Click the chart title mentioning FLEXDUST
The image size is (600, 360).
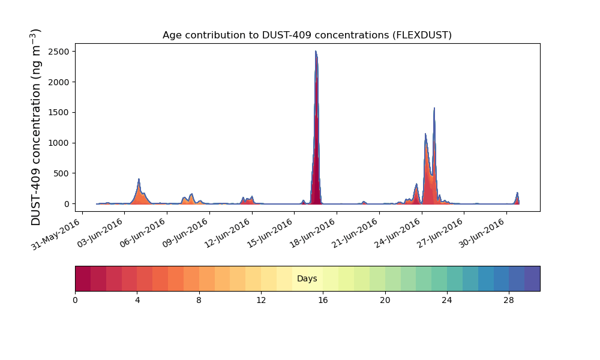click(307, 35)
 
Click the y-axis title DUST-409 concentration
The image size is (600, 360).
click(35, 127)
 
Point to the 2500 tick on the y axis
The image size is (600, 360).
click(62, 52)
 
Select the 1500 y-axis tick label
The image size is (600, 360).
click(62, 112)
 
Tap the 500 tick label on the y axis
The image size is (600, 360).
click(64, 173)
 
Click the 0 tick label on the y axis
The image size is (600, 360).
click(67, 204)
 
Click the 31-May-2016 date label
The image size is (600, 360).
click(56, 234)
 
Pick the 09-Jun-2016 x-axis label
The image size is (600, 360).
click(185, 233)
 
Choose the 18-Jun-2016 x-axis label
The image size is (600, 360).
click(313, 233)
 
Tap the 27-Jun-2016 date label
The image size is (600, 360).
click(440, 233)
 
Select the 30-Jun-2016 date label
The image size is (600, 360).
click(482, 233)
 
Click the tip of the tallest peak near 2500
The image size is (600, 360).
click(316, 51)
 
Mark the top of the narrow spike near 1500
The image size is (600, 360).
click(434, 108)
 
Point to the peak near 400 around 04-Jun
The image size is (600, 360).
click(139, 179)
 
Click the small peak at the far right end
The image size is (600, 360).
click(517, 193)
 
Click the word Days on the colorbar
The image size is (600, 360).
click(307, 278)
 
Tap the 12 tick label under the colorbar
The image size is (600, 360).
click(261, 301)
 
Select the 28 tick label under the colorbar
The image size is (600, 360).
click(509, 301)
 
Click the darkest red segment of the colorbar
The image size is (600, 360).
click(83, 278)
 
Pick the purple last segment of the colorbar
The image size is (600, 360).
click(532, 278)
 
